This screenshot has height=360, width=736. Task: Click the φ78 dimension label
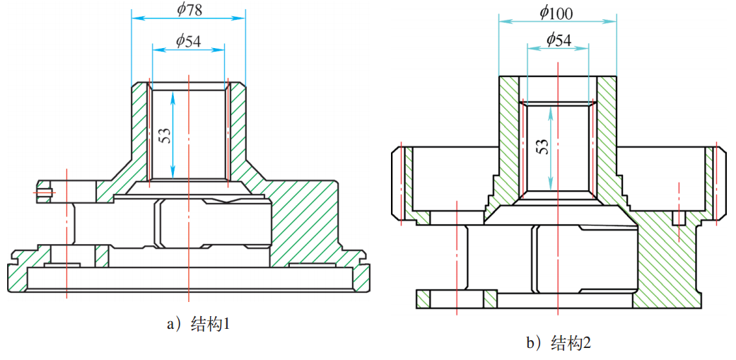click(x=189, y=10)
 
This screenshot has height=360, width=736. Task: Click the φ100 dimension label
click(x=556, y=13)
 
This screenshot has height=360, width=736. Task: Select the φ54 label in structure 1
click(x=188, y=41)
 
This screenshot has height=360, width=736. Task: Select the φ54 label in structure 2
click(x=559, y=40)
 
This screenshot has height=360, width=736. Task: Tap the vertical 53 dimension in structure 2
click(x=542, y=147)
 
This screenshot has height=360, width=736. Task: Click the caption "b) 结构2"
click(x=558, y=344)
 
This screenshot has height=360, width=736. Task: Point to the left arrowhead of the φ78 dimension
click(x=135, y=18)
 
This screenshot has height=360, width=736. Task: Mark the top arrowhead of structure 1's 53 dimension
click(x=173, y=93)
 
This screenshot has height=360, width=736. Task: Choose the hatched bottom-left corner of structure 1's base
click(x=17, y=276)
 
